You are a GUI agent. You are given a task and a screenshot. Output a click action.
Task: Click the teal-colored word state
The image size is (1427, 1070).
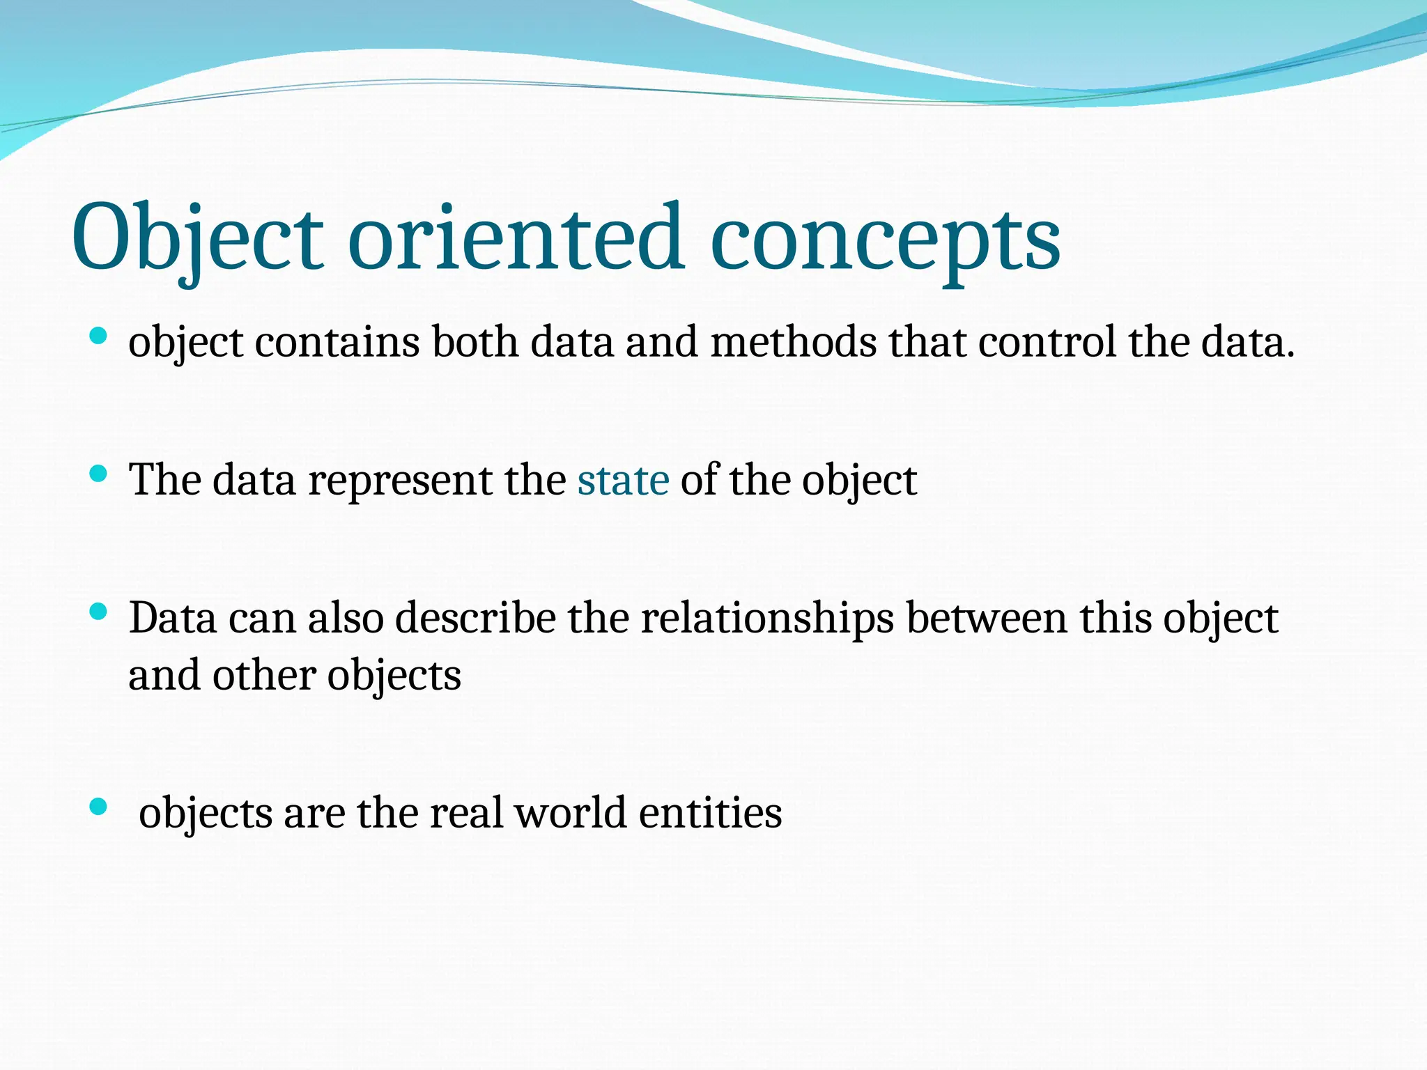623,481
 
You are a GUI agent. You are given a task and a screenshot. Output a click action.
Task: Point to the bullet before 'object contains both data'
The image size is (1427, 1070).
98,337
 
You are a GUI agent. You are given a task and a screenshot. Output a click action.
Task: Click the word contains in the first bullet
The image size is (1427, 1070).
337,343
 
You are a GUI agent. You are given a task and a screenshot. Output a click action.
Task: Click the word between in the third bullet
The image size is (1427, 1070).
986,619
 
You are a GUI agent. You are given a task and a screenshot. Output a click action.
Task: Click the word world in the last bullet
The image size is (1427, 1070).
570,813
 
